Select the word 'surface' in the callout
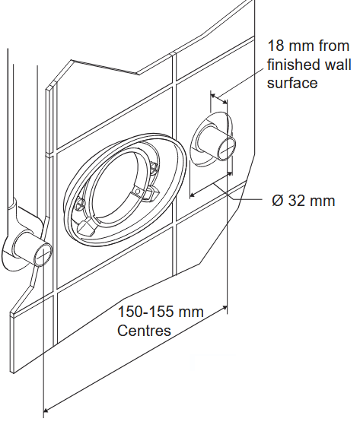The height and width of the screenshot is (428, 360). coord(292,83)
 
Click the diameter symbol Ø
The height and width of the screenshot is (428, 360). coord(279,201)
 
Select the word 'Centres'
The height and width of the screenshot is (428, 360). coord(144,330)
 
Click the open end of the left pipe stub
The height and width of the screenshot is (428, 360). coord(43,255)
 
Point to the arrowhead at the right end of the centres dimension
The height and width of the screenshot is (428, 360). coord(225,308)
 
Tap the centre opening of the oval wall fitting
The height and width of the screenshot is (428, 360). coord(120,180)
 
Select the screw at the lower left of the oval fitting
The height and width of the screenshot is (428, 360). coord(80,203)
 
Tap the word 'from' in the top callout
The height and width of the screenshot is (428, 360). coord(334,46)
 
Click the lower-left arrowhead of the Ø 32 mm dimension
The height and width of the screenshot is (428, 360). coord(193,195)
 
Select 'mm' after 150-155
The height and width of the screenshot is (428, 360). coord(191,312)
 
